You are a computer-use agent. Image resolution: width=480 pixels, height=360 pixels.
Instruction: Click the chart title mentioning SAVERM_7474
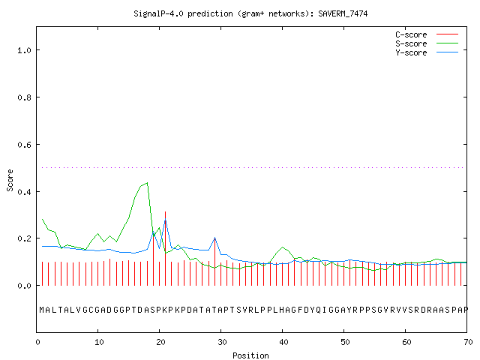pos(250,13)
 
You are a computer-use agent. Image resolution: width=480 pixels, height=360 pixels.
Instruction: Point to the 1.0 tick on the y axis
pos(24,50)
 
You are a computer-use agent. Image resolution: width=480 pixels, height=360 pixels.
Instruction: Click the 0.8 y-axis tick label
pos(24,97)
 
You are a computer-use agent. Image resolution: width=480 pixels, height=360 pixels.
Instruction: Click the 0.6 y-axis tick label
pos(24,145)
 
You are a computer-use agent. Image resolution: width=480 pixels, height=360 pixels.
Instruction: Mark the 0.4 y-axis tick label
pos(24,192)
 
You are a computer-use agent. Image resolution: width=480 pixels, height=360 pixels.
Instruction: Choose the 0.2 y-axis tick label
pos(24,238)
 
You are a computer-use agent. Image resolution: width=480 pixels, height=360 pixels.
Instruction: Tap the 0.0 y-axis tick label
pos(24,286)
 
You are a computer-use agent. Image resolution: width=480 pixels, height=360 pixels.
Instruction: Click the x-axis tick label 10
pos(99,342)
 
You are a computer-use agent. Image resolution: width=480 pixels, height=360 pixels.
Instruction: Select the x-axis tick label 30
pos(222,342)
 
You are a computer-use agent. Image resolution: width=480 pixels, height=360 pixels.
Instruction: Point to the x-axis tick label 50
pos(345,342)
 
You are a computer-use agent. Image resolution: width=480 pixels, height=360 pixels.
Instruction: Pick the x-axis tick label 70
pos(468,342)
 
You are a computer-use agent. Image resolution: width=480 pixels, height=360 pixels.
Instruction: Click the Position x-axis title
pos(250,355)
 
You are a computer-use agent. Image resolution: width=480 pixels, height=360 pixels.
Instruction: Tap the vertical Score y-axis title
pos(10,180)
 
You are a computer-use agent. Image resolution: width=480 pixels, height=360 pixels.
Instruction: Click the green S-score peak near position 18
pos(147,183)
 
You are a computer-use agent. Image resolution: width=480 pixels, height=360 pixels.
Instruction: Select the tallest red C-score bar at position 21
pos(165,248)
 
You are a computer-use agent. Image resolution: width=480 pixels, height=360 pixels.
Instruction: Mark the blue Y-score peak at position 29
pos(215,238)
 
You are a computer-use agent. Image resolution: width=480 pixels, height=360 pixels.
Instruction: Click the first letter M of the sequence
pos(42,310)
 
